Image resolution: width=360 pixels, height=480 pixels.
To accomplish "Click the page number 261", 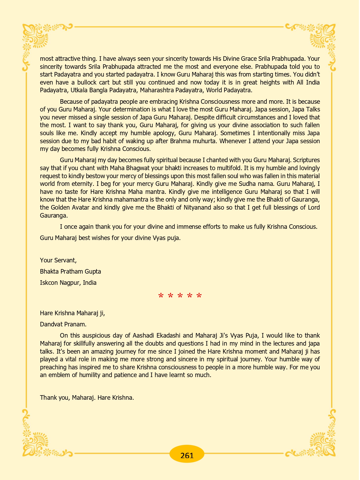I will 187,455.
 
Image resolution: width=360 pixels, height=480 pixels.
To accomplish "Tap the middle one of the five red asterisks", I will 180,296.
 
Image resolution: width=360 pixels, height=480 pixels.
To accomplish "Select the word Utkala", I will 79,90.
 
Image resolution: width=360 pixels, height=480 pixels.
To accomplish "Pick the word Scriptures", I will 306,160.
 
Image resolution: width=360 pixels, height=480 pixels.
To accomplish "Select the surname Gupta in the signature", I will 93,271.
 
